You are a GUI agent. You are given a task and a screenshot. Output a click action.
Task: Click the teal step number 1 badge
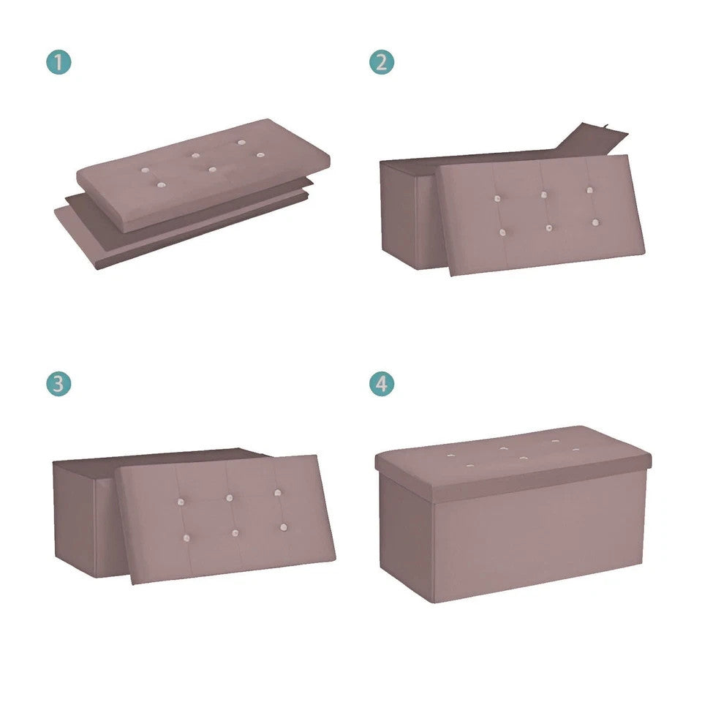pyautogui.click(x=58, y=61)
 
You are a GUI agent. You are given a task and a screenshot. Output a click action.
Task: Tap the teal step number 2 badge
pyautogui.click(x=382, y=61)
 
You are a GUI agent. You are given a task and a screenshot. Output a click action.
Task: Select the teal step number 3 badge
pyautogui.click(x=58, y=384)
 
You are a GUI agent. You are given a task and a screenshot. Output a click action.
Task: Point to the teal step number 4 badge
pyautogui.click(x=382, y=384)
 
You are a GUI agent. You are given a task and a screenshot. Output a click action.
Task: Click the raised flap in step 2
pyautogui.click(x=591, y=140)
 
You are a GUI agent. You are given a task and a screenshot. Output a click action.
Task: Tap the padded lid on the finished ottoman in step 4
pyautogui.click(x=513, y=461)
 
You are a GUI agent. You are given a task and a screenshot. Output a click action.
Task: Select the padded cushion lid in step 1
pyautogui.click(x=203, y=175)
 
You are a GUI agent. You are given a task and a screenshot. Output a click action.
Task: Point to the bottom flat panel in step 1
pyautogui.click(x=179, y=233)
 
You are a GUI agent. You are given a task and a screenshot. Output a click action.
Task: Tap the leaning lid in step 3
pyautogui.click(x=225, y=519)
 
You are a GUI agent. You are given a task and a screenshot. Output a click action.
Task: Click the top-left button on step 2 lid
pyautogui.click(x=497, y=198)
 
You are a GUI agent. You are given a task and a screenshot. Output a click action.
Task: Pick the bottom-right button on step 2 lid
pyautogui.click(x=595, y=222)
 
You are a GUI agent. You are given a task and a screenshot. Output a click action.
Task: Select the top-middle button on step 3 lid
pyautogui.click(x=230, y=498)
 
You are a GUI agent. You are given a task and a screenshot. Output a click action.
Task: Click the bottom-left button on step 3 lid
pyautogui.click(x=186, y=538)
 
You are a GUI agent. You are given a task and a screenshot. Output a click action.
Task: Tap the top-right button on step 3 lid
pyautogui.click(x=278, y=492)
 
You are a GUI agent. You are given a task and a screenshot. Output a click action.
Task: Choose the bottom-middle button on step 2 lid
pyautogui.click(x=549, y=228)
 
